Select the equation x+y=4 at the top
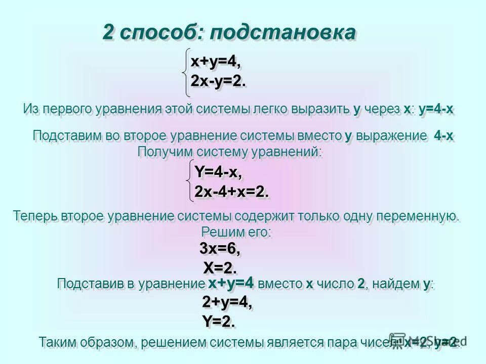215,61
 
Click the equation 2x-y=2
218,81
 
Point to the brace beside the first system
187,71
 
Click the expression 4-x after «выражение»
443,136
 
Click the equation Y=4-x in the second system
218,172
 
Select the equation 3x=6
220,249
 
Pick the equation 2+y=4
227,303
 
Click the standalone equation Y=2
218,322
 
